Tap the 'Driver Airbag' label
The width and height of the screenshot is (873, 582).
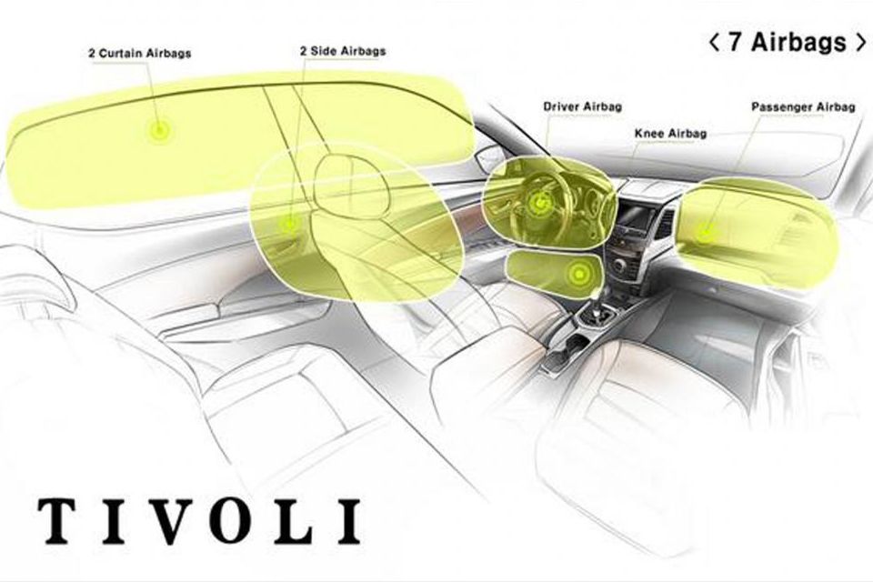(x=582, y=107)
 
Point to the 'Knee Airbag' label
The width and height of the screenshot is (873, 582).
(x=669, y=134)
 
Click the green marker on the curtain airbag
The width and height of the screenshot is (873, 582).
(x=159, y=131)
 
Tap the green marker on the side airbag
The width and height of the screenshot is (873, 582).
(x=290, y=221)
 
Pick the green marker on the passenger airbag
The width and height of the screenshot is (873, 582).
(x=705, y=234)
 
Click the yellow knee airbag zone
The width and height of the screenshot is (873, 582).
(x=550, y=273)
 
